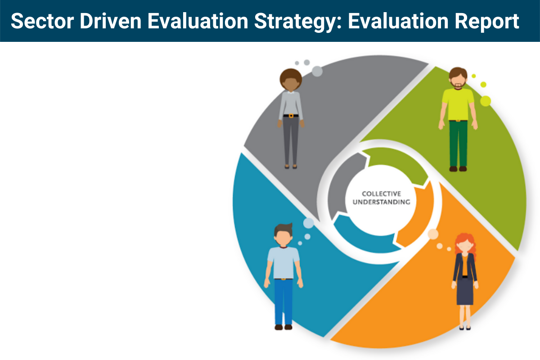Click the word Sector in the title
pos(38,21)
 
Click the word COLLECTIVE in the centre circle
pos(381,194)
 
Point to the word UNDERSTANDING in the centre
pos(381,202)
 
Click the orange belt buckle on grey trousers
pos(291,116)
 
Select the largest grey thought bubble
pos(317,71)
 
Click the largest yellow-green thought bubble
pos(486,101)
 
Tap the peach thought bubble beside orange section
pos(433,234)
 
